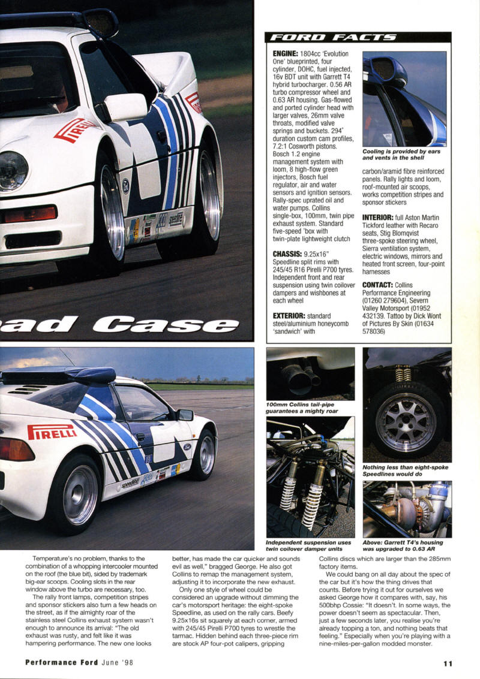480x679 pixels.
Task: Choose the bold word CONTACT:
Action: pyautogui.click(x=382, y=285)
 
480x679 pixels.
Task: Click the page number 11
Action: pyautogui.click(x=448, y=663)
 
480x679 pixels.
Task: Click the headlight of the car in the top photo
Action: pyautogui.click(x=11, y=170)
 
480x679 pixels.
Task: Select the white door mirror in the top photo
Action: pyautogui.click(x=124, y=107)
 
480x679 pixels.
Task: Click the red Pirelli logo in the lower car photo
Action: pyautogui.click(x=52, y=431)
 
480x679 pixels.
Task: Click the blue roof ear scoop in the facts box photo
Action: pyautogui.click(x=385, y=70)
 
